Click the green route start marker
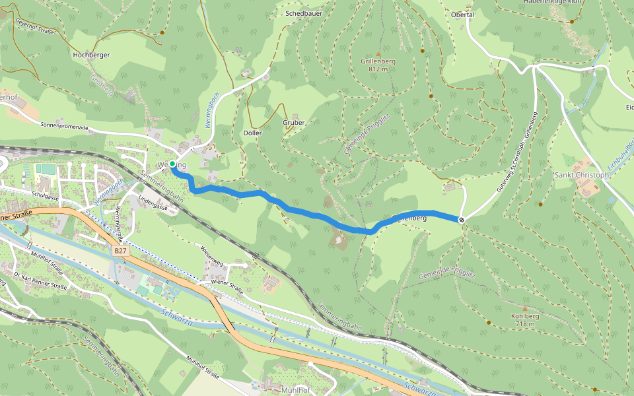point(172,163)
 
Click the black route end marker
point(462,220)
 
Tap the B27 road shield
point(119,251)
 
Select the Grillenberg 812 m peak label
point(378,65)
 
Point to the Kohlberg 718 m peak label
point(525,319)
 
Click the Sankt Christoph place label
point(582,176)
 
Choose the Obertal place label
point(462,15)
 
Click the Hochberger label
point(91,55)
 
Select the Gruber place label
point(293,123)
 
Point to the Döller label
point(252,133)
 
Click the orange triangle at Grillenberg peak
point(378,54)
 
